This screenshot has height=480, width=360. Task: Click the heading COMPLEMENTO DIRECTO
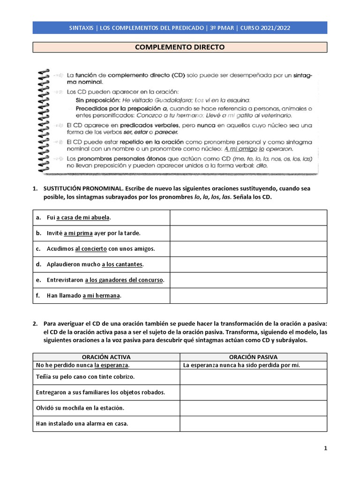[180, 47]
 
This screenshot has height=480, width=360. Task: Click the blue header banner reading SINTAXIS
[180, 28]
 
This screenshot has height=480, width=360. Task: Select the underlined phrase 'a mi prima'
[78, 233]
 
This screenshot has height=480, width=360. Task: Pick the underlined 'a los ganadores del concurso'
[124, 280]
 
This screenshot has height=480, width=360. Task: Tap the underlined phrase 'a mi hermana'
[101, 295]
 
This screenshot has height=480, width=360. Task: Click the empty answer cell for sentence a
[248, 217]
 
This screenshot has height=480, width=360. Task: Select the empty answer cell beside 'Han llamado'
[248, 295]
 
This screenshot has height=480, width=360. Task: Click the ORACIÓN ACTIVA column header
[106, 357]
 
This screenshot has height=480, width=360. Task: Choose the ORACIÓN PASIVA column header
[253, 357]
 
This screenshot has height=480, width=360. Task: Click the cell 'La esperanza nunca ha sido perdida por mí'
[241, 365]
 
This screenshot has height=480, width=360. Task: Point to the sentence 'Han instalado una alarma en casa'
[82, 423]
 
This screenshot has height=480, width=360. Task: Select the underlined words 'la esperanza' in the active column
[111, 365]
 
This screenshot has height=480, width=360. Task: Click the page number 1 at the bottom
[325, 448]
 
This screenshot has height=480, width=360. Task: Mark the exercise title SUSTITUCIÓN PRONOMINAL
[80, 188]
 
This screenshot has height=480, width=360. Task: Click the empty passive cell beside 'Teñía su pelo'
[253, 377]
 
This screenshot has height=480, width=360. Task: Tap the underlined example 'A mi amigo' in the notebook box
[240, 149]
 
